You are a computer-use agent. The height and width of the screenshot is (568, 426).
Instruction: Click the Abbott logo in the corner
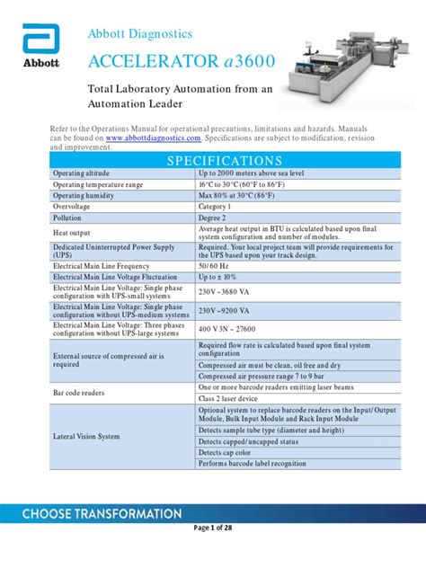point(40,49)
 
